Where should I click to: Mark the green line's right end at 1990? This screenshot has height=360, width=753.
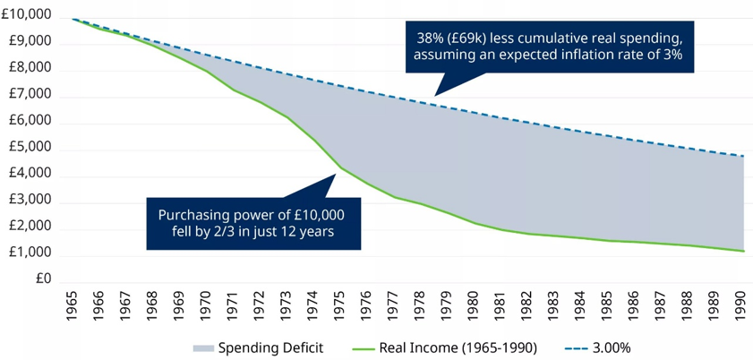(742, 251)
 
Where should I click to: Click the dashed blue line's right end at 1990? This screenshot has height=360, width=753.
(742, 157)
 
